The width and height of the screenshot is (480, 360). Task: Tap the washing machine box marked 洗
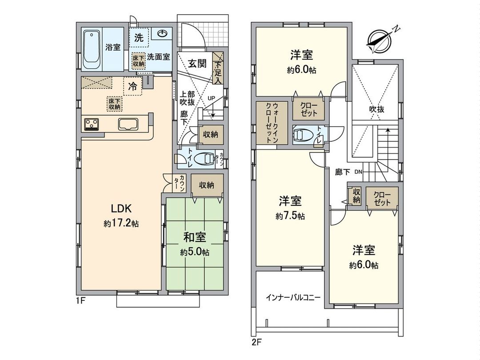tap(139, 39)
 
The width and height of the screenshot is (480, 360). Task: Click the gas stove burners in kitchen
tap(92, 124)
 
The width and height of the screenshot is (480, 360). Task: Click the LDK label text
tap(120, 208)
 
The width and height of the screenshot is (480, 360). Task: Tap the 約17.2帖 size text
tap(121, 224)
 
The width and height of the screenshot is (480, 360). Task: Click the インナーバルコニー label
tap(293, 296)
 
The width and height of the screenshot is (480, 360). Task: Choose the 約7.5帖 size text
tap(290, 216)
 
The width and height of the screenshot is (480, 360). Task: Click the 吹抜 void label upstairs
tap(376, 109)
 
